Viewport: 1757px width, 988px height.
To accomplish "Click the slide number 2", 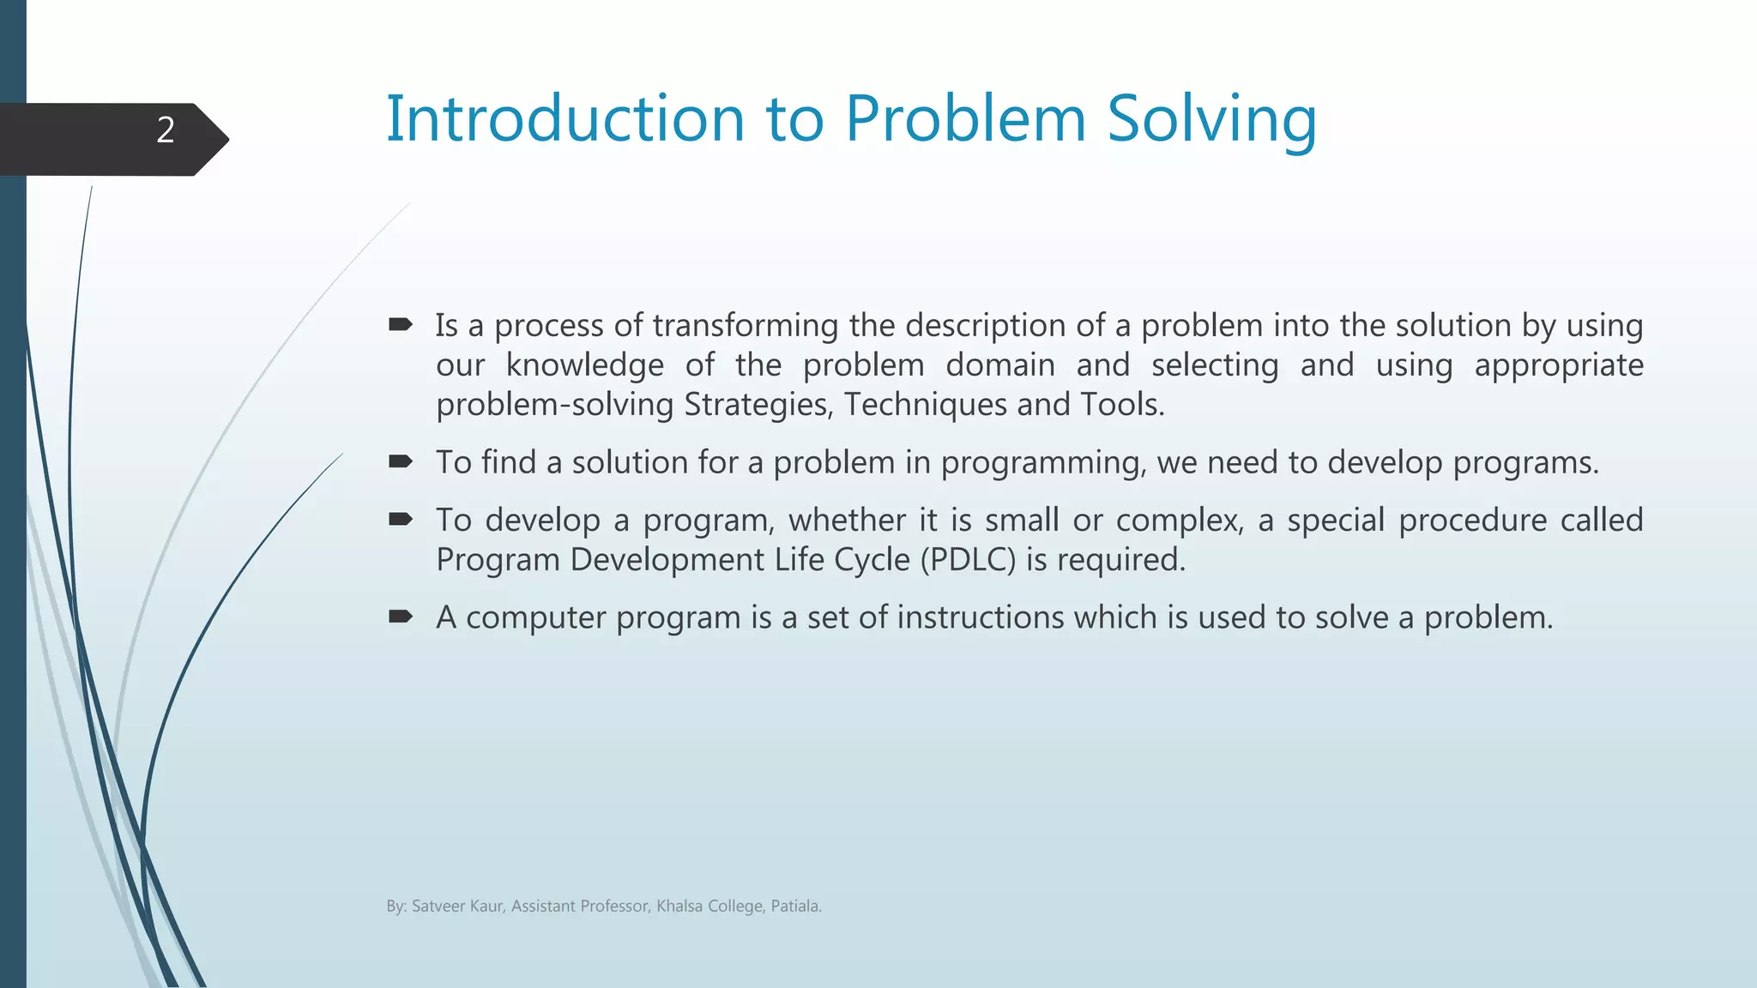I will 166,130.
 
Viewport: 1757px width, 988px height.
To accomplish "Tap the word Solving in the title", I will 1211,120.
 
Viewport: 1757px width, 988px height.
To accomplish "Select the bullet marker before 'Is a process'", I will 401,324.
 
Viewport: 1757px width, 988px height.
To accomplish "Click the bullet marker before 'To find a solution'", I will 401,461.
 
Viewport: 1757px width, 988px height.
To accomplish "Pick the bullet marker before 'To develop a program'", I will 401,519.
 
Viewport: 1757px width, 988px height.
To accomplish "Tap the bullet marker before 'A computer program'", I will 401,616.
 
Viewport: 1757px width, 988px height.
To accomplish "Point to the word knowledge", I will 584,366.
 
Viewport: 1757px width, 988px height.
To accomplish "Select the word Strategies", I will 758,405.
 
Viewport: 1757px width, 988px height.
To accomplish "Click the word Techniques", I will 925,405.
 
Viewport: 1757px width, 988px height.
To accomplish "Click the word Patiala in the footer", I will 795,907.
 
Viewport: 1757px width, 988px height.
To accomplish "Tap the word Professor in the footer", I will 614,907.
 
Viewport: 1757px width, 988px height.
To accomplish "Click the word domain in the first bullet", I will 999,365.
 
